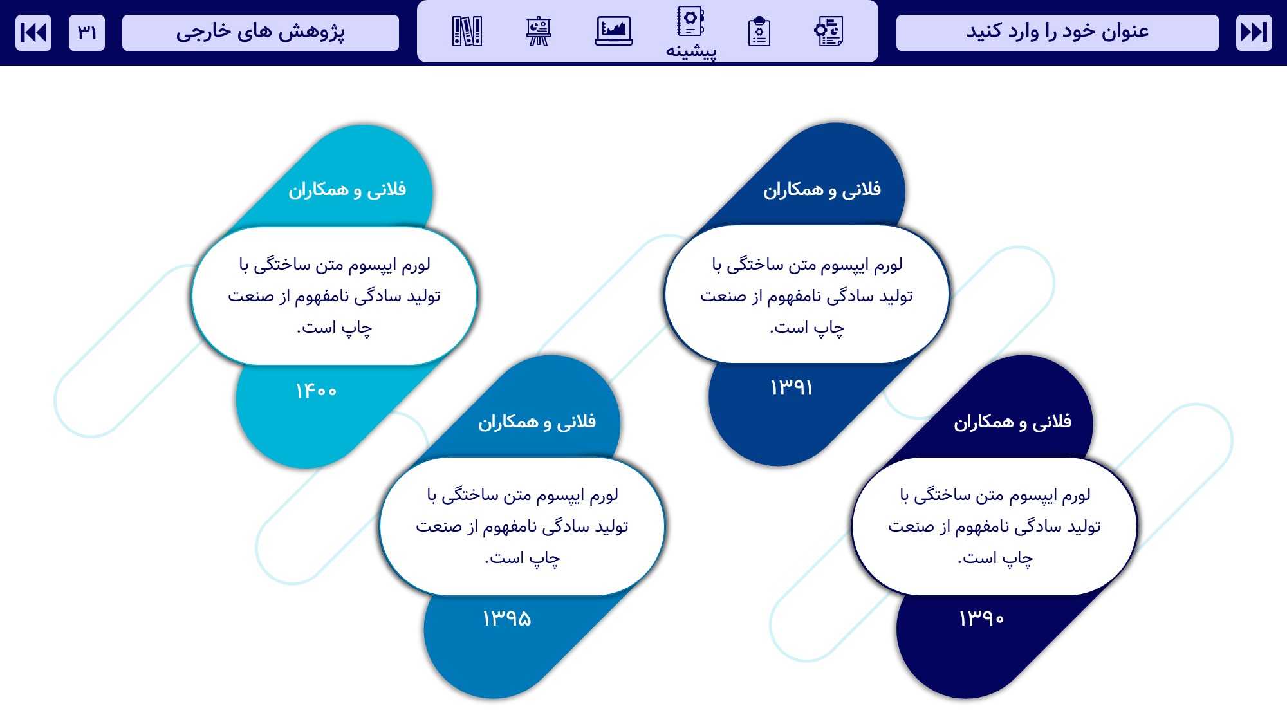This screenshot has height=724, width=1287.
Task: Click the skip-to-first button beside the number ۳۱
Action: (33, 32)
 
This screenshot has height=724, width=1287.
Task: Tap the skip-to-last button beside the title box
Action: (1254, 32)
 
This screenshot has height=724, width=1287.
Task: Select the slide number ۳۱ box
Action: (87, 32)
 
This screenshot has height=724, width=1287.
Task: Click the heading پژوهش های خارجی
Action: (261, 32)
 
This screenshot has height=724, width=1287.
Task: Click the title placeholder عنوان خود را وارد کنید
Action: (1057, 32)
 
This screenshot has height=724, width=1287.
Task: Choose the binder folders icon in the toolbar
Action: (467, 31)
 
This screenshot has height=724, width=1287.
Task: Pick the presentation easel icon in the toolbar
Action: (539, 32)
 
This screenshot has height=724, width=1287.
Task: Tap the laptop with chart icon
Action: (614, 31)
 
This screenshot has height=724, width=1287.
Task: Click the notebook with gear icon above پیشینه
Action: (690, 21)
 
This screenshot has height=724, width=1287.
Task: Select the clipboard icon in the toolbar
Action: (759, 32)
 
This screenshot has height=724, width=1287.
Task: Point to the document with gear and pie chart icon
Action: (829, 32)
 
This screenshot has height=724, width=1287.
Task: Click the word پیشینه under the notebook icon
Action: (691, 51)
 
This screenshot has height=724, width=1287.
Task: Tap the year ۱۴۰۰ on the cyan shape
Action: (316, 391)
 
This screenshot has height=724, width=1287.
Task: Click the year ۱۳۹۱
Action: (792, 387)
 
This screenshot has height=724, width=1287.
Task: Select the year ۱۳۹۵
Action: (507, 618)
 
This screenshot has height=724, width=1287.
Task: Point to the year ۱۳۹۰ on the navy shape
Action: (981, 618)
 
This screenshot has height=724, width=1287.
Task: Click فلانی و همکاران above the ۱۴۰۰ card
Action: (347, 190)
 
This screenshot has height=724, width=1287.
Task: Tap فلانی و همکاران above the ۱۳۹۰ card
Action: (1013, 422)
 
